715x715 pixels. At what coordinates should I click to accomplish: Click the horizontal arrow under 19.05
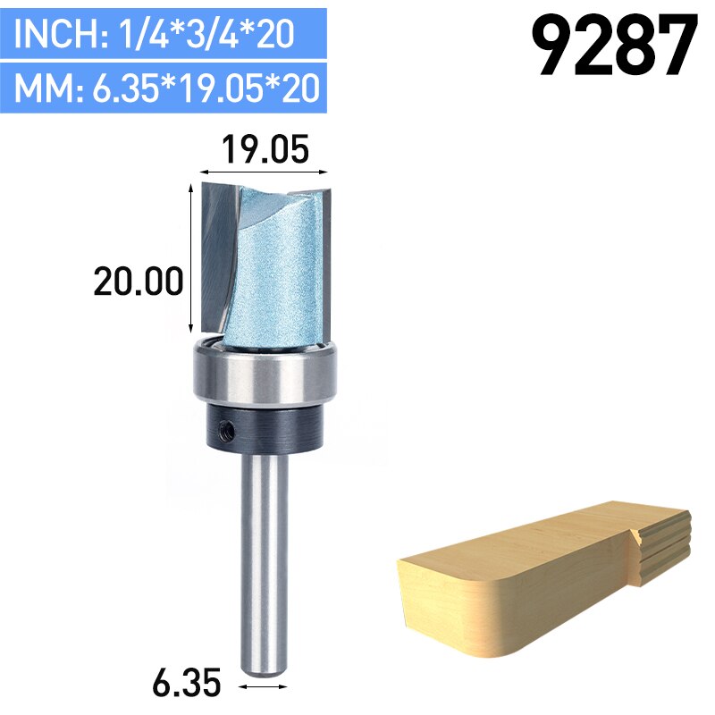tap(265, 170)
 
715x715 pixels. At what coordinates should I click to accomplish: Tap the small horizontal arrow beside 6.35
tap(266, 686)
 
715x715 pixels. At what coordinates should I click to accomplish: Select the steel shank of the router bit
tap(266, 563)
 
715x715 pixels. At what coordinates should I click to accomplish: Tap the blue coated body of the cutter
tap(268, 268)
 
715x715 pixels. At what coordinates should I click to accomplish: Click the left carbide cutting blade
tap(218, 250)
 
